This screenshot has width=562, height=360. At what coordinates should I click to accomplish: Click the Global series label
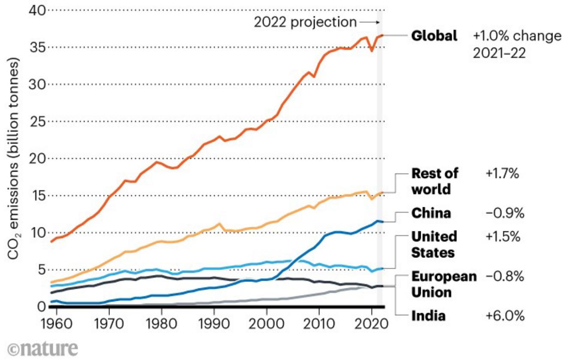pyautogui.click(x=434, y=36)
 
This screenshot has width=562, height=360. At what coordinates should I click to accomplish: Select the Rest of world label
pyautogui.click(x=434, y=181)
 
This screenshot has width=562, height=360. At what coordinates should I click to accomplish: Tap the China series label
pyautogui.click(x=431, y=213)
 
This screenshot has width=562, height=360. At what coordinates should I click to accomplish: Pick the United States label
pyautogui.click(x=434, y=244)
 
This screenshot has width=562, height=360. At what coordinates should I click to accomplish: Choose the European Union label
pyautogui.click(x=444, y=284)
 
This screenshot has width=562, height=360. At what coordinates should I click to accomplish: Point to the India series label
pyautogui.click(x=428, y=316)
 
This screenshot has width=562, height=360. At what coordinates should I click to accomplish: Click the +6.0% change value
pyautogui.click(x=505, y=316)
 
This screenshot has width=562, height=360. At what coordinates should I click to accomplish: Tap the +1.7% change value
pyautogui.click(x=502, y=174)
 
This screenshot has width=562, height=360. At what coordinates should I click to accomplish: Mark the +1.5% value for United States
pyautogui.click(x=503, y=236)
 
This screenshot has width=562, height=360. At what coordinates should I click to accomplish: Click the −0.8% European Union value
pyautogui.click(x=505, y=277)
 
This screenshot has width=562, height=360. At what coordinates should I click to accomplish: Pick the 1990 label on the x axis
pyautogui.click(x=213, y=321)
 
